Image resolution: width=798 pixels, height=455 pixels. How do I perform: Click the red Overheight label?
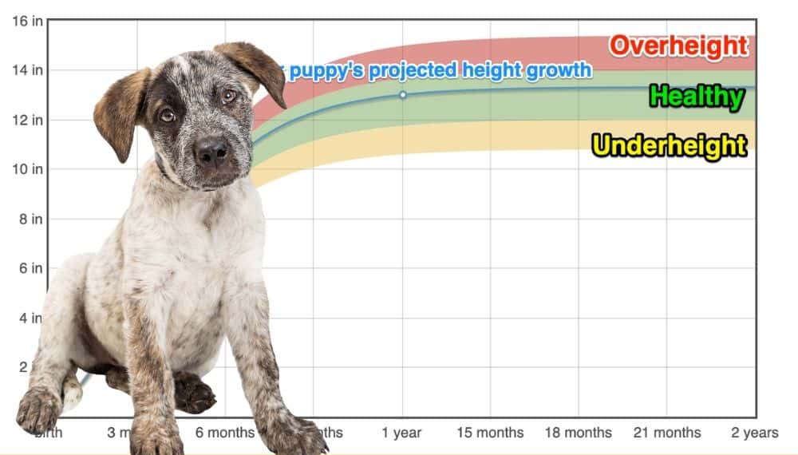pos(679,45)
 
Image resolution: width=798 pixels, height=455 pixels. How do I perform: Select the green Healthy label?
pos(696,97)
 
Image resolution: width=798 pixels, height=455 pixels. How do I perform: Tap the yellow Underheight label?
pos(670,145)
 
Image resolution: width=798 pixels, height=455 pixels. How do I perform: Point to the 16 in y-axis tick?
pos(27,21)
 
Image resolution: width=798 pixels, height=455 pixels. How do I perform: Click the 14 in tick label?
pos(27,70)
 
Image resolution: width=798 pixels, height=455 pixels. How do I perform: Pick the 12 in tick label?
pos(27,120)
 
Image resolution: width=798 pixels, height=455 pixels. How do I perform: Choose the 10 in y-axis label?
pos(27,169)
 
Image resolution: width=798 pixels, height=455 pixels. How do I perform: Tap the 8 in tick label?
pos(30,219)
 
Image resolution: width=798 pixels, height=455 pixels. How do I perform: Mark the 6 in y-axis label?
pos(30,268)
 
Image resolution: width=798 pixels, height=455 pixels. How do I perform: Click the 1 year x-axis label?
pos(401,433)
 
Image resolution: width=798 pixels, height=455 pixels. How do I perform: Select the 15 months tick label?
pos(490,433)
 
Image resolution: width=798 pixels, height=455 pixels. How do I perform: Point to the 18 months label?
pos(579,433)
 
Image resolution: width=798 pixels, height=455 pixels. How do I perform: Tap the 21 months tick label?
pos(667,433)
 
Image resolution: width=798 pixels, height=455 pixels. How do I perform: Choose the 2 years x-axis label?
pos(755,433)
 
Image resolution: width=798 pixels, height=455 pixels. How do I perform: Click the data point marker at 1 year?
pos(402,95)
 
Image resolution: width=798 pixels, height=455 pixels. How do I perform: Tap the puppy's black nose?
pos(211,149)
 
